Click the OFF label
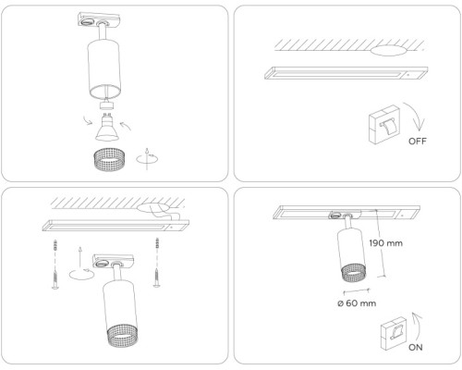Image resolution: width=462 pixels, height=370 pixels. click(417, 142)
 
